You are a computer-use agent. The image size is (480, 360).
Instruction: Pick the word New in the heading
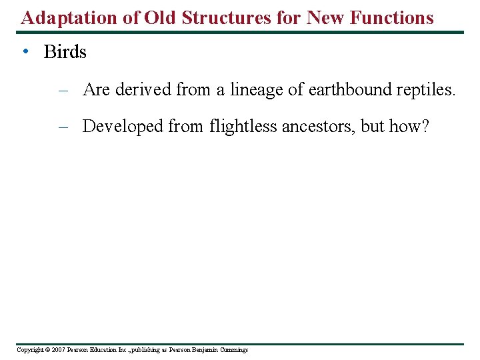(327, 17)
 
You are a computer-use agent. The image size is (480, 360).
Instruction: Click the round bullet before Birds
(24, 51)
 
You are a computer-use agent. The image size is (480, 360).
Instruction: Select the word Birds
(65, 52)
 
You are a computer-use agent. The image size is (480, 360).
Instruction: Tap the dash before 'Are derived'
(63, 89)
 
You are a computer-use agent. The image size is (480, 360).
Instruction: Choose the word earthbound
(343, 89)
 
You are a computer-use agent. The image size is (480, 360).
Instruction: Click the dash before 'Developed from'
(63, 126)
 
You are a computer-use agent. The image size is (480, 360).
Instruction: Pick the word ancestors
(317, 126)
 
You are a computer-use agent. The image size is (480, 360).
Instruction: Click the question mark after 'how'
(425, 126)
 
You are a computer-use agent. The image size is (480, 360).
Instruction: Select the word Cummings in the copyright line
(233, 350)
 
